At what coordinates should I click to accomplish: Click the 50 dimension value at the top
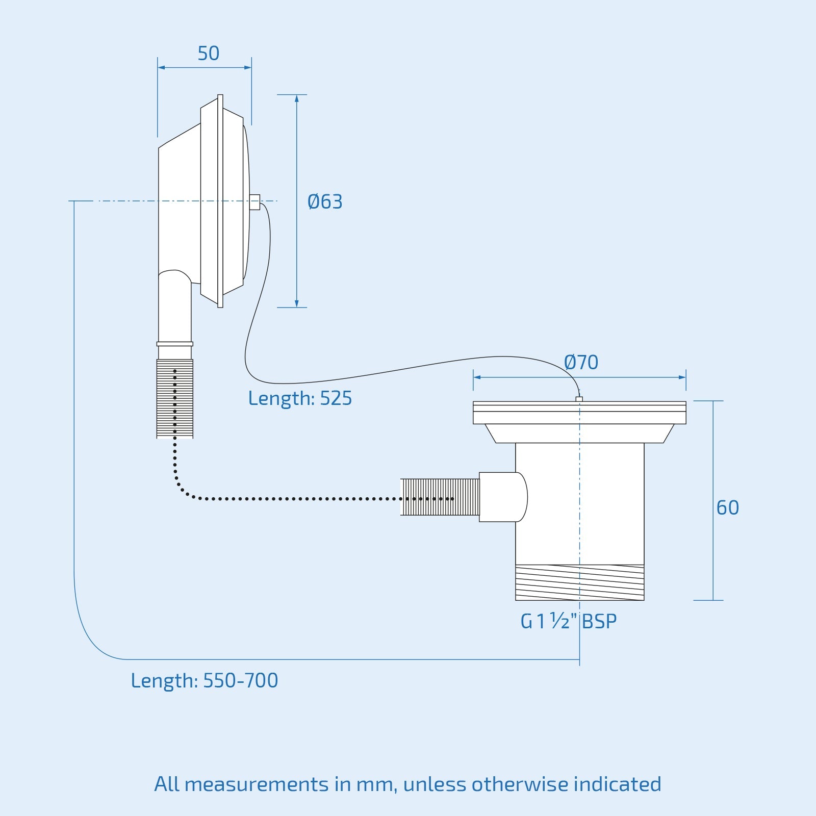click(x=209, y=54)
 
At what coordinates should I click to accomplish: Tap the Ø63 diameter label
click(x=325, y=202)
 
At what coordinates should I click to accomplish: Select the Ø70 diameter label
click(x=581, y=363)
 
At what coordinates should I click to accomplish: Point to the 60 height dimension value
click(x=727, y=508)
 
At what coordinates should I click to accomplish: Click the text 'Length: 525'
click(x=300, y=398)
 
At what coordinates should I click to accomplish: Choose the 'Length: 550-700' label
click(x=205, y=680)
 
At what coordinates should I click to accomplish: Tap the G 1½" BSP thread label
click(x=568, y=621)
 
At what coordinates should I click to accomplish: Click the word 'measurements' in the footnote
click(x=257, y=784)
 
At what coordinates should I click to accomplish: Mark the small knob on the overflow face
click(x=255, y=202)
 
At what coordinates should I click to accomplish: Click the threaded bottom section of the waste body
click(x=579, y=582)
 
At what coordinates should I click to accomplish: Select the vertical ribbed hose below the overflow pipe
click(x=175, y=399)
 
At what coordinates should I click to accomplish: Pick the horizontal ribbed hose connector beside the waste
click(x=440, y=497)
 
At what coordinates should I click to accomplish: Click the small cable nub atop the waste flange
click(x=579, y=399)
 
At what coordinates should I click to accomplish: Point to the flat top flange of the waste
click(x=579, y=413)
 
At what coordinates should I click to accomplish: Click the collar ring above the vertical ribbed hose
click(x=175, y=344)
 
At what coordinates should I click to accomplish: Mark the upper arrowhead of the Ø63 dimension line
click(x=296, y=98)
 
